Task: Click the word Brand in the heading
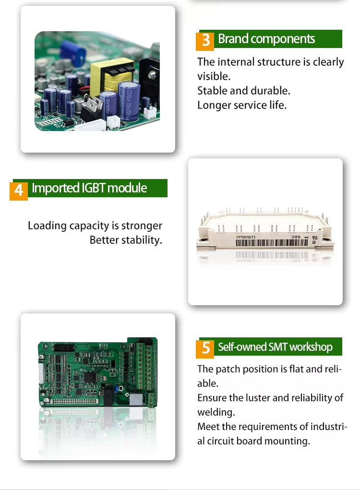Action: tap(233, 39)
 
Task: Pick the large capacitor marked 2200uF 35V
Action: tap(129, 101)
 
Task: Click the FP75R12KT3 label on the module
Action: tap(246, 237)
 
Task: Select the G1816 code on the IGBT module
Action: tap(296, 237)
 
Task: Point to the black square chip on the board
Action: tap(90, 377)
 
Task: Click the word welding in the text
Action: tap(216, 412)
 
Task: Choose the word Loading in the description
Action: tap(47, 226)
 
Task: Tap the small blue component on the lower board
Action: tap(116, 388)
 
